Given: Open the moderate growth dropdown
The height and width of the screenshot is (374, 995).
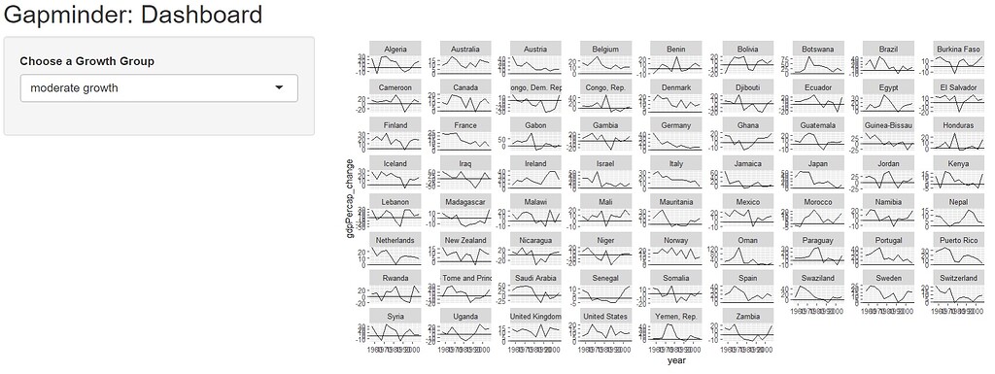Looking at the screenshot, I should click(x=158, y=88).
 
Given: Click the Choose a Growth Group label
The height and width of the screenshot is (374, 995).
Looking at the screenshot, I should click(x=86, y=61).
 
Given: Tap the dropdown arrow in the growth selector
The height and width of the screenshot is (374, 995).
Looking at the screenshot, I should click(x=280, y=88).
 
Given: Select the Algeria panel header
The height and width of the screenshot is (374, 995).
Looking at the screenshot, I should click(x=395, y=50).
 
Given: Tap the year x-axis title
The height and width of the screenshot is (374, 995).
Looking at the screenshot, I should click(x=670, y=360).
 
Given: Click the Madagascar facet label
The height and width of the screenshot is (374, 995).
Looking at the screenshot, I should click(x=465, y=202).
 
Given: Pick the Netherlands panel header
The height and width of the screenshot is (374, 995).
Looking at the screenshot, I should click(x=395, y=240).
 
